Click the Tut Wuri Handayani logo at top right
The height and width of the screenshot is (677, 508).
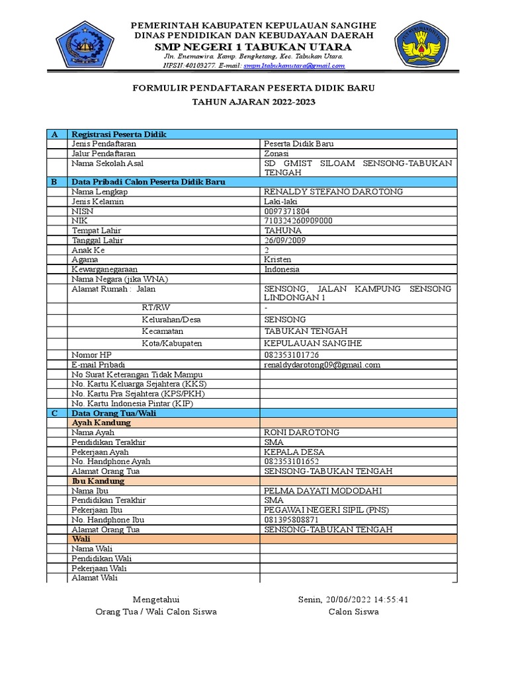click(x=422, y=46)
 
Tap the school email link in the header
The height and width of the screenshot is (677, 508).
click(x=294, y=65)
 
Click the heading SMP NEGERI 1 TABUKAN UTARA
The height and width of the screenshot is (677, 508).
click(x=253, y=47)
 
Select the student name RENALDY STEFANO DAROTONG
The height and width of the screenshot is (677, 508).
click(x=333, y=192)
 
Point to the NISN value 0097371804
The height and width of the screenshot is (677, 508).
click(x=287, y=212)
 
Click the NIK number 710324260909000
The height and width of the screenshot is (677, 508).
click(x=298, y=221)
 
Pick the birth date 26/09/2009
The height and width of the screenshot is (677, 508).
click(x=286, y=241)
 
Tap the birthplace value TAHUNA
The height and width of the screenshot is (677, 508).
click(x=282, y=231)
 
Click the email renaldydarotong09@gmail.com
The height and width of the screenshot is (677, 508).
click(x=322, y=365)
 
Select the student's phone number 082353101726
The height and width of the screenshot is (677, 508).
click(x=292, y=355)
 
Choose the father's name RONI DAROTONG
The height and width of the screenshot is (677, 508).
click(x=302, y=432)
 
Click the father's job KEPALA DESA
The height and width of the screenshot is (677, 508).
click(x=294, y=452)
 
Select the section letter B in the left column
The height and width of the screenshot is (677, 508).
click(x=55, y=182)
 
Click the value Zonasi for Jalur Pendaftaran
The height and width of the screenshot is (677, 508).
click(x=278, y=153)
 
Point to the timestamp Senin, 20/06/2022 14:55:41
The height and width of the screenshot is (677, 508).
click(x=353, y=600)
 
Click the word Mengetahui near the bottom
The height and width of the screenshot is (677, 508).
click(x=156, y=600)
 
